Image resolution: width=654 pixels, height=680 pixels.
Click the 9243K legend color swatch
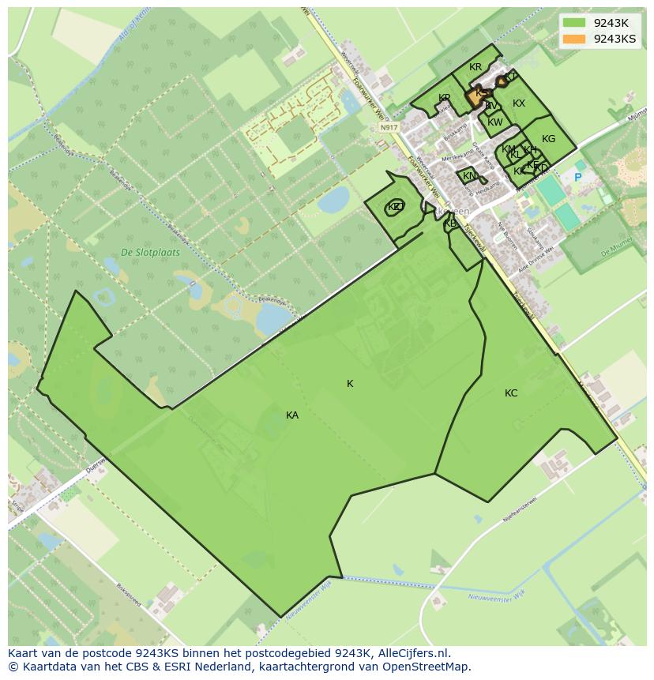pyautogui.click(x=574, y=23)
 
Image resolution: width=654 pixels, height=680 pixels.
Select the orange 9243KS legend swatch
pyautogui.click(x=574, y=39)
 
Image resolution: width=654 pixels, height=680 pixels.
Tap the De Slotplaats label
pyautogui.click(x=150, y=253)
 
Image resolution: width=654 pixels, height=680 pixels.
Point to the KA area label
pyautogui.click(x=292, y=415)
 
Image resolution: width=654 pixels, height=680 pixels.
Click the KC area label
pyautogui.click(x=511, y=393)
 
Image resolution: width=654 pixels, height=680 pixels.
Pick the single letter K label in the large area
pyautogui.click(x=350, y=384)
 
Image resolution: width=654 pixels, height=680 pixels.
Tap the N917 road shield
pyautogui.click(x=388, y=127)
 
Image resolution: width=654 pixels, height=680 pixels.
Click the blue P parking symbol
pyautogui.click(x=577, y=178)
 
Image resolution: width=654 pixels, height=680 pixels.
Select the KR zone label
pyautogui.click(x=475, y=68)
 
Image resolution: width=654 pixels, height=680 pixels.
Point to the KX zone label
pyautogui.click(x=519, y=103)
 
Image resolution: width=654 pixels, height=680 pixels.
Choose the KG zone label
pyautogui.click(x=548, y=139)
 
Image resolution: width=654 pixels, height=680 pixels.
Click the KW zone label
pyautogui.click(x=495, y=122)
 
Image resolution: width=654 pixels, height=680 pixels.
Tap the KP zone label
pyautogui.click(x=445, y=98)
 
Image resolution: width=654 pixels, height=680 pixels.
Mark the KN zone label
pyautogui.click(x=469, y=176)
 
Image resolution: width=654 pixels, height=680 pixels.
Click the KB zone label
pyautogui.click(x=450, y=224)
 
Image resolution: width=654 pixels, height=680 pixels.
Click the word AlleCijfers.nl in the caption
pyautogui.click(x=414, y=653)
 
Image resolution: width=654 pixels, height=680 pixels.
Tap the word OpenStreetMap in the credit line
pyautogui.click(x=431, y=667)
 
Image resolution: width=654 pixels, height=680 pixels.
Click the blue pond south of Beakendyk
pyautogui.click(x=272, y=318)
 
